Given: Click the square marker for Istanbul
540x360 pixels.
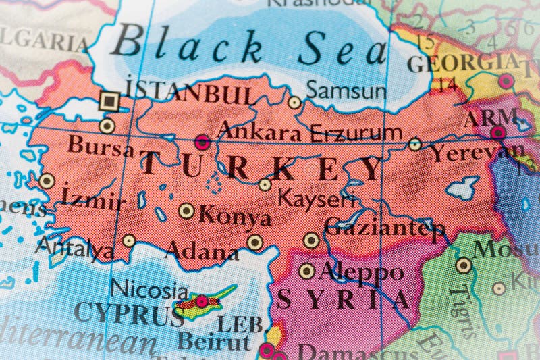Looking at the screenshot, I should (x=109, y=101).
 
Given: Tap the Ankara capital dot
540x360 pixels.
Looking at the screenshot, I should (x=202, y=142).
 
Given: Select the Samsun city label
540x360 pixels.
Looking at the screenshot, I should (x=346, y=90).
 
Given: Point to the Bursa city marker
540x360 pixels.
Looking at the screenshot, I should (x=107, y=126).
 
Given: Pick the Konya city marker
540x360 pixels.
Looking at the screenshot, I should (x=186, y=211).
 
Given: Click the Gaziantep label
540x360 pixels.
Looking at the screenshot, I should (x=385, y=228).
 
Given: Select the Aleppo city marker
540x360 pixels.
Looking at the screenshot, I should (x=307, y=271).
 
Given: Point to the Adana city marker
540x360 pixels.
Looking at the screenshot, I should (x=254, y=242).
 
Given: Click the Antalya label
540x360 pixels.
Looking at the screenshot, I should (x=74, y=249).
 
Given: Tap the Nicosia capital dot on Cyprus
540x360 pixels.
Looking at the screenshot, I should (x=201, y=301).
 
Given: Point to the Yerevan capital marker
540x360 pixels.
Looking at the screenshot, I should (x=498, y=132).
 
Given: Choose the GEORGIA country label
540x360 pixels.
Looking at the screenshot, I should (x=462, y=63).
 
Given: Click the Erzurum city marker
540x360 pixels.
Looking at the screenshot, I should (x=415, y=144).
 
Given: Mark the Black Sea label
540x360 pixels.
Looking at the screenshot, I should (x=250, y=47).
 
